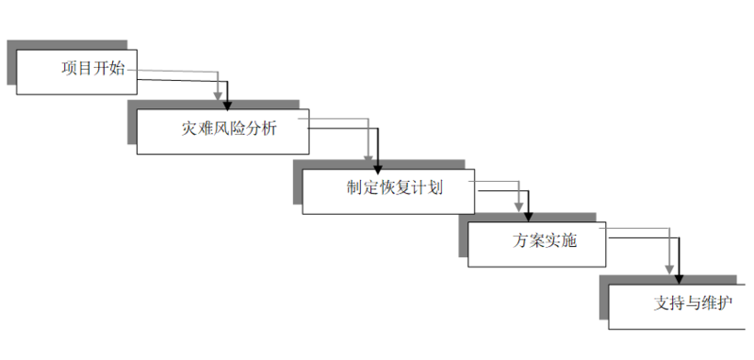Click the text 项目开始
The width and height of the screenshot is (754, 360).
[92, 69]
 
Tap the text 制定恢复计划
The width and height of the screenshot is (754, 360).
[395, 186]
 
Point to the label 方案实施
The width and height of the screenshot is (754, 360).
[545, 239]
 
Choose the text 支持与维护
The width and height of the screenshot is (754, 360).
[692, 303]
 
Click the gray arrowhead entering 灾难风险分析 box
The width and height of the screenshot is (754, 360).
[220, 95]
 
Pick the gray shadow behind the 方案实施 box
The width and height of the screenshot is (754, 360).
[464, 236]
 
